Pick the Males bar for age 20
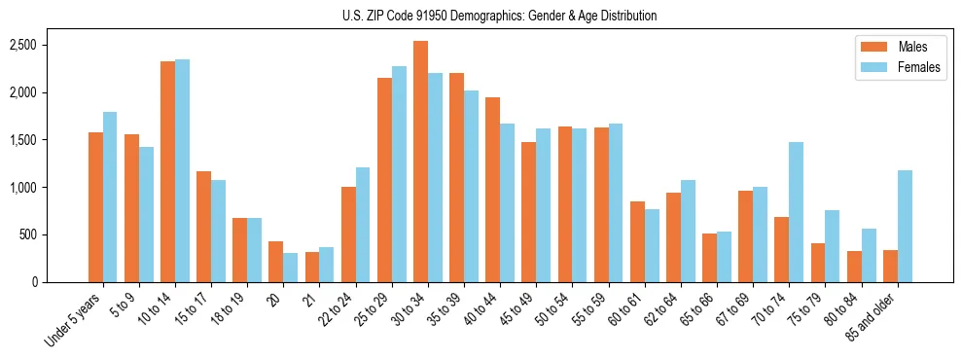point(276,262)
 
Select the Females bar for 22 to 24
point(363,225)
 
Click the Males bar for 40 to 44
point(492,190)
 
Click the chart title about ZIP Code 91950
point(500,16)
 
